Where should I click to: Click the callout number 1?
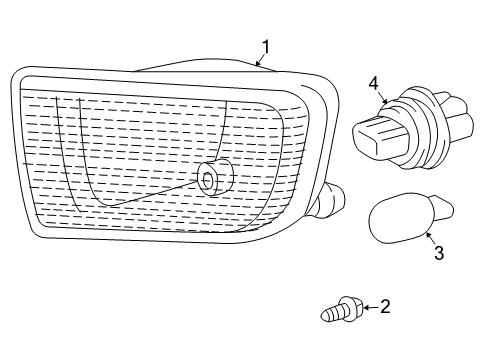tap(266, 45)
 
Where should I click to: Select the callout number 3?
tap(439, 254)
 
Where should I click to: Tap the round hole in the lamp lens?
tap(208, 180)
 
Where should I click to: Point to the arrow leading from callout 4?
tap(380, 98)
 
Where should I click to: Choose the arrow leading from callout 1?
tap(260, 60)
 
